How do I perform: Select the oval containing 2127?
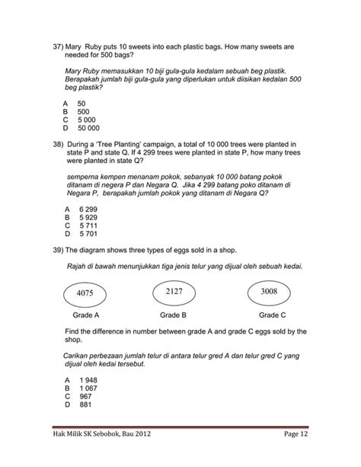174,290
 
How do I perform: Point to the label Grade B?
174,315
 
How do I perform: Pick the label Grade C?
272,315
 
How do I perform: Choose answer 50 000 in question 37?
89,128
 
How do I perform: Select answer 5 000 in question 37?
86,120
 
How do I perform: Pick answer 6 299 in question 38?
87,209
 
